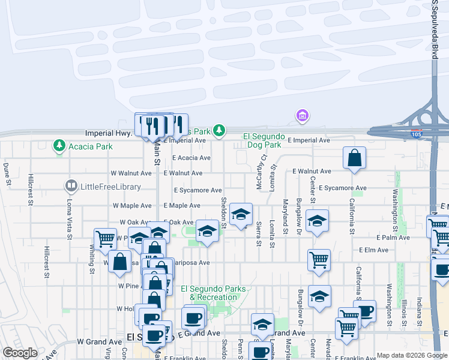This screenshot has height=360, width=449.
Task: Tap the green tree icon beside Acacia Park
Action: (59, 145)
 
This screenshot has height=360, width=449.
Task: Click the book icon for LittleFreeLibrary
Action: (71, 187)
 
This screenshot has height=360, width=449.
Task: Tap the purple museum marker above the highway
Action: (302, 115)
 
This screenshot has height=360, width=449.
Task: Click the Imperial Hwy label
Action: (108, 133)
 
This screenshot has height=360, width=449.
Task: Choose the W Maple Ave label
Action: (132, 205)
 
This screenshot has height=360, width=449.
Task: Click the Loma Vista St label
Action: (69, 219)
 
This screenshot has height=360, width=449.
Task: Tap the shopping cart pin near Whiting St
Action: (105, 238)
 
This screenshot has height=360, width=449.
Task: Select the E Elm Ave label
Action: (371, 250)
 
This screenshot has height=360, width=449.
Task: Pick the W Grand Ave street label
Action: (95, 341)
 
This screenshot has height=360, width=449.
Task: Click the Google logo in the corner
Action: (20, 353)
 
